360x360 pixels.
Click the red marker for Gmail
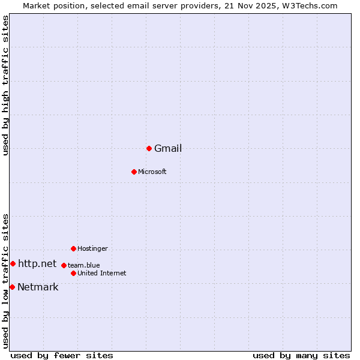149,148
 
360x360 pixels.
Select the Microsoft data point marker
134,172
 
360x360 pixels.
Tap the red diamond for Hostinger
73,248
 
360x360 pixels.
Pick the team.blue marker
64,265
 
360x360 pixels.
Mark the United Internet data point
73,273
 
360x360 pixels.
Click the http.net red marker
13,263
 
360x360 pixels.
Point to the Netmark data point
12,287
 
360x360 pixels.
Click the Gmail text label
168,149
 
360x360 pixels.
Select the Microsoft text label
152,172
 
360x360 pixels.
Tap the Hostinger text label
92,249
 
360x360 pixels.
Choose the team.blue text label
84,265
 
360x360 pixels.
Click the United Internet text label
102,274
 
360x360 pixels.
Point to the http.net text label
37,264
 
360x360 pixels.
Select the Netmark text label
38,287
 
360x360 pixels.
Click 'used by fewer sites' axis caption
62,356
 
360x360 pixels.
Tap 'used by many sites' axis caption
301,356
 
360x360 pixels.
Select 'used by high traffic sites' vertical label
6,85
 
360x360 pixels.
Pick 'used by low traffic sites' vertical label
6,281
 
